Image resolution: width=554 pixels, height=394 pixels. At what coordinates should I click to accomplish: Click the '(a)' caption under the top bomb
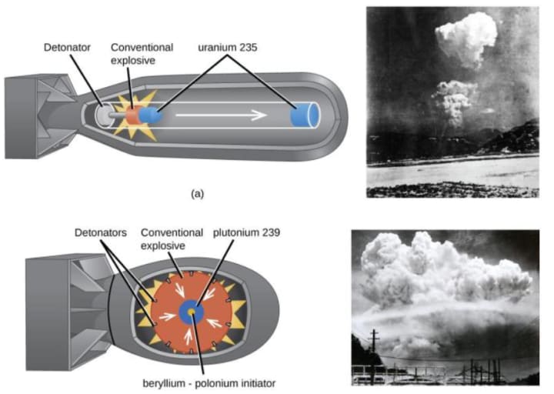(197, 194)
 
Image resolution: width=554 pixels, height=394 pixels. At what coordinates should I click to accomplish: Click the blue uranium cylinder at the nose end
(305, 115)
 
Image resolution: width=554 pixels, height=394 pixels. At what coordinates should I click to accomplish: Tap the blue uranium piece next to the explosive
(151, 116)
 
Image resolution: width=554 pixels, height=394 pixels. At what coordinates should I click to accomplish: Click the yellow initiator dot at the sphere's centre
(190, 312)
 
